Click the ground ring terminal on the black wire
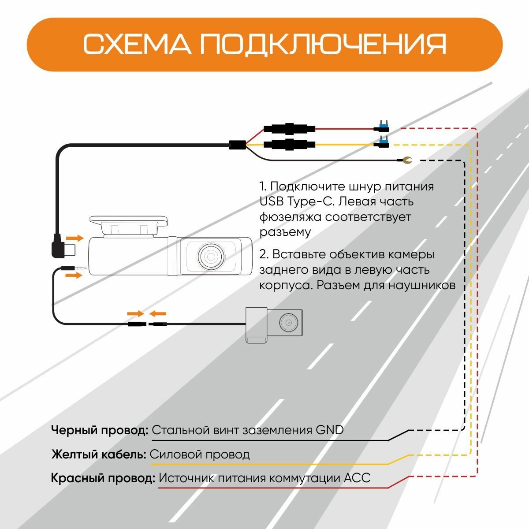(406, 160)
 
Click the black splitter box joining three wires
(237, 145)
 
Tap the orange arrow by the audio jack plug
(74, 276)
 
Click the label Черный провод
(100, 430)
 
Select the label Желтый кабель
(98, 454)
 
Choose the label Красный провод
(103, 478)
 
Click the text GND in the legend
(329, 430)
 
